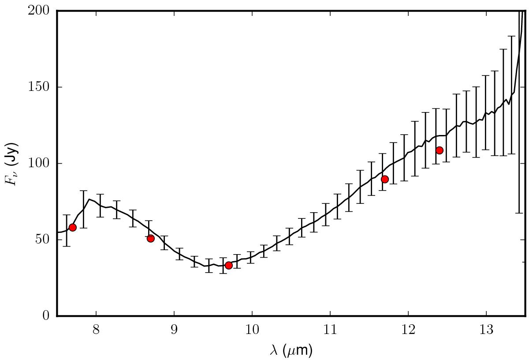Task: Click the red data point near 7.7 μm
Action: click(73, 227)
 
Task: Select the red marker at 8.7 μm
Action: click(150, 238)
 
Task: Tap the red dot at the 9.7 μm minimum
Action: click(228, 265)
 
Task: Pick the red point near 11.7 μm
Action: click(384, 179)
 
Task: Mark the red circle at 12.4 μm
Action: click(439, 150)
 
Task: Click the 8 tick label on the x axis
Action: click(96, 330)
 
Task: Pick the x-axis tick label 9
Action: click(174, 330)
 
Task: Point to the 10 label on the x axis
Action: click(252, 330)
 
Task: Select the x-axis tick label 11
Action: click(330, 330)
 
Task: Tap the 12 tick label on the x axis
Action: click(408, 330)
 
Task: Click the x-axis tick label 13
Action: click(486, 330)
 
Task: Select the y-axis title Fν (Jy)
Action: click(12, 164)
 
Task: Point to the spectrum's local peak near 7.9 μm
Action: click(89, 199)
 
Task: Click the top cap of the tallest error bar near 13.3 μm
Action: click(511, 36)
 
